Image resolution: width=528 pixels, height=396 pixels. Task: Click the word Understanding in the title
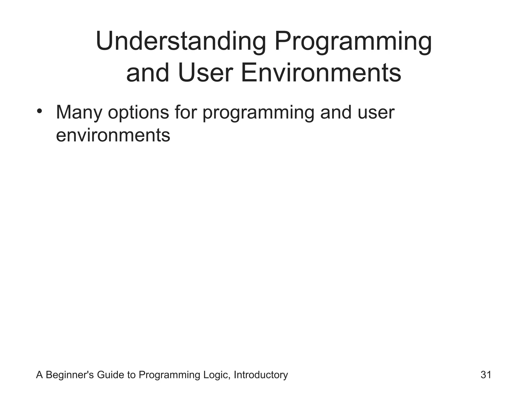181,41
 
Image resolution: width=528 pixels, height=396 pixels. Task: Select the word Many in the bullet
79,113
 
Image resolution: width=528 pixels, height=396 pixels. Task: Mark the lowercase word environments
113,135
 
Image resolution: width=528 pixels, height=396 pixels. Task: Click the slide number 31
486,375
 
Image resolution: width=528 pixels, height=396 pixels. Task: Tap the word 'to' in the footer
131,375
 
